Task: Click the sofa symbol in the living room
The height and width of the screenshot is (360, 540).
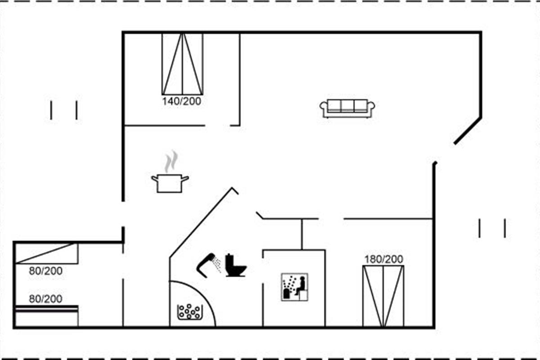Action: (347, 108)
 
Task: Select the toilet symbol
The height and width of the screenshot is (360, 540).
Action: (235, 266)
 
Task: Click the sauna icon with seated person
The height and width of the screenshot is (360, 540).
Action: (294, 287)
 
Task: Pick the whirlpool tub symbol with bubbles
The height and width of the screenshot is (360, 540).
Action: (190, 311)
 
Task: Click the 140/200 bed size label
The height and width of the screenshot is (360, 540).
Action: (182, 101)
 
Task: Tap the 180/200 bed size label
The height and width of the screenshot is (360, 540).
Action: (383, 259)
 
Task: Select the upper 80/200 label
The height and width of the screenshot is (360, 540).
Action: (45, 271)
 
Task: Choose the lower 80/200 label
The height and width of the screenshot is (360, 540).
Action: (45, 299)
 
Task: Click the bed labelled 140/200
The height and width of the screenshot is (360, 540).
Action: (182, 63)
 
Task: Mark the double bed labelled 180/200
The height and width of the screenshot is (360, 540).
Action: (383, 296)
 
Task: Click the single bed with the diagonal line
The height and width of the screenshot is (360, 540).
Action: (46, 253)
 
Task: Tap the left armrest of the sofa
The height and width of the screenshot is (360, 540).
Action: (324, 108)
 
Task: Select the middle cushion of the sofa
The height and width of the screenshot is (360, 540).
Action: (347, 106)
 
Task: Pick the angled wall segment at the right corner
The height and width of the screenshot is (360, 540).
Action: (468, 131)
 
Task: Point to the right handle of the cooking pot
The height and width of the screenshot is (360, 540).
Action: (184, 179)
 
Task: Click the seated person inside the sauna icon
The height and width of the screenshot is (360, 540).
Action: (300, 285)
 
